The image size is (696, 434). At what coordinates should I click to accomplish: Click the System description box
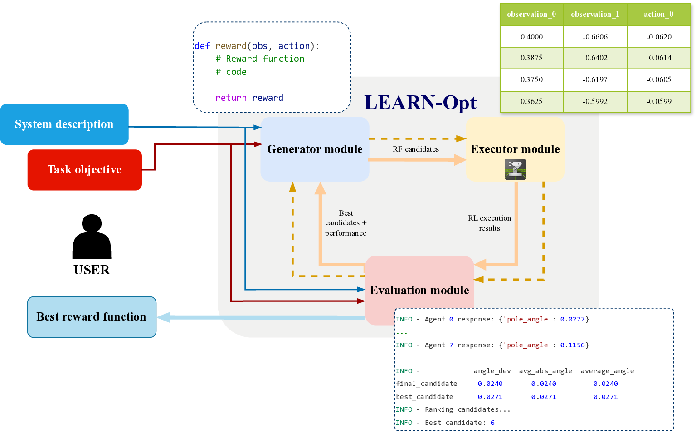[x=64, y=124]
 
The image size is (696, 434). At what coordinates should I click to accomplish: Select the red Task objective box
[x=84, y=170]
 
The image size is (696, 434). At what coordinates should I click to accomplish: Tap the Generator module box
[x=315, y=149]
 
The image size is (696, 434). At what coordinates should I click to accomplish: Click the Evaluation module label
[x=419, y=291]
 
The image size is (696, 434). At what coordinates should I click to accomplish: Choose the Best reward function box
[x=92, y=317]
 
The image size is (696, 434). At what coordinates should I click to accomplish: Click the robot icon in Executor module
[x=515, y=169]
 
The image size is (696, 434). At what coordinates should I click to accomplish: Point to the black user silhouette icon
[x=92, y=237]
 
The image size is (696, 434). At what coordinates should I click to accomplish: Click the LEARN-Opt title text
[x=420, y=103]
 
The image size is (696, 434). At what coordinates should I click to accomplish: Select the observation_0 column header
[x=531, y=15]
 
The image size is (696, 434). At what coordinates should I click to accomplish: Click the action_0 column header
[x=658, y=15]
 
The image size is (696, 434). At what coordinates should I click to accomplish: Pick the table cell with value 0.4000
[x=531, y=37]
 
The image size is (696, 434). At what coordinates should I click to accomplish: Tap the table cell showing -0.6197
[x=595, y=79]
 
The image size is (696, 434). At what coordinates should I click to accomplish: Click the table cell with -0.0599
[x=658, y=101]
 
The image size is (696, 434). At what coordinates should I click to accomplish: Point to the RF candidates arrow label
[x=416, y=149]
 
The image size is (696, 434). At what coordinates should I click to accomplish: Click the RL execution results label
[x=489, y=223]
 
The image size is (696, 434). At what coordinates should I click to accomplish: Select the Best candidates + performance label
[x=346, y=223]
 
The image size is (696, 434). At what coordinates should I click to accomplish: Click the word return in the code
[x=231, y=98]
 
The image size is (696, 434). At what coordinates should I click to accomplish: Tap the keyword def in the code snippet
[x=202, y=46]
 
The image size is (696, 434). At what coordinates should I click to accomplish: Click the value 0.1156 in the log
[x=572, y=345]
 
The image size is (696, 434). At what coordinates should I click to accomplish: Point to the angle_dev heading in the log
[x=492, y=371]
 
